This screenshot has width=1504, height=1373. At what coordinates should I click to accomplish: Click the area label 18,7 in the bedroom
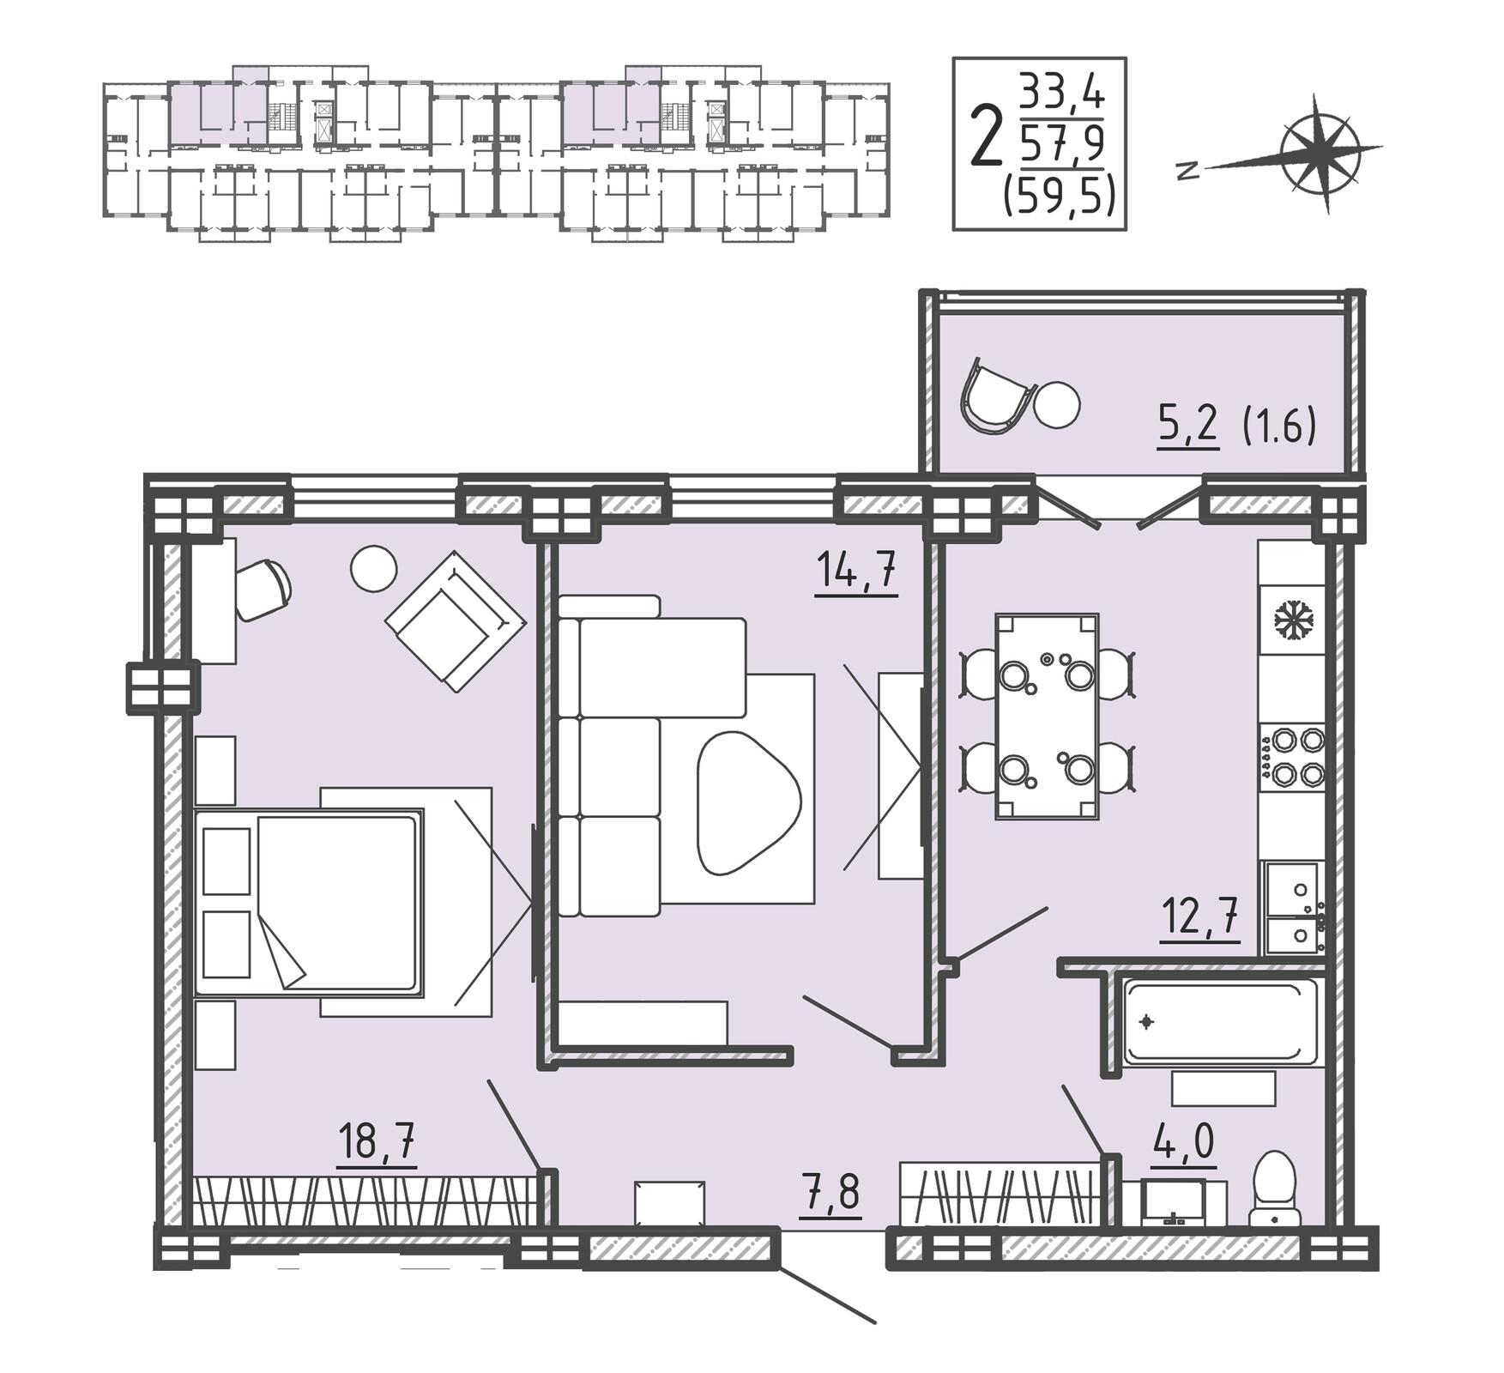click(x=377, y=1141)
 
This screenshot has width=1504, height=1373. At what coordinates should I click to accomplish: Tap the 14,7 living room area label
click(x=856, y=571)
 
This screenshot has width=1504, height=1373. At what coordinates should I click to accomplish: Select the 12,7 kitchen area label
click(x=1199, y=917)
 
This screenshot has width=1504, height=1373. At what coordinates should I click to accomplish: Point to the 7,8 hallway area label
click(x=830, y=1192)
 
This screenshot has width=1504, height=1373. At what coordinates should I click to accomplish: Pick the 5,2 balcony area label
click(x=1188, y=425)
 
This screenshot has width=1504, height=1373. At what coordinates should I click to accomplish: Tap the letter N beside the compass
click(x=1187, y=171)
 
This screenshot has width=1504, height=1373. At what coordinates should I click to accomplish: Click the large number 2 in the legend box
click(x=987, y=136)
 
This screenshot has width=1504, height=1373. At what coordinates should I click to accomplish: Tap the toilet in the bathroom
click(x=1274, y=1188)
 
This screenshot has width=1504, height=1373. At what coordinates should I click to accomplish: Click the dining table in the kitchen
click(x=1047, y=717)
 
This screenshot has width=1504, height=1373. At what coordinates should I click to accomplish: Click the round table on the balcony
click(x=1056, y=404)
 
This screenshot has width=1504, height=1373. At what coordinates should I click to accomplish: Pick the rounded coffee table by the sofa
click(x=748, y=801)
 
